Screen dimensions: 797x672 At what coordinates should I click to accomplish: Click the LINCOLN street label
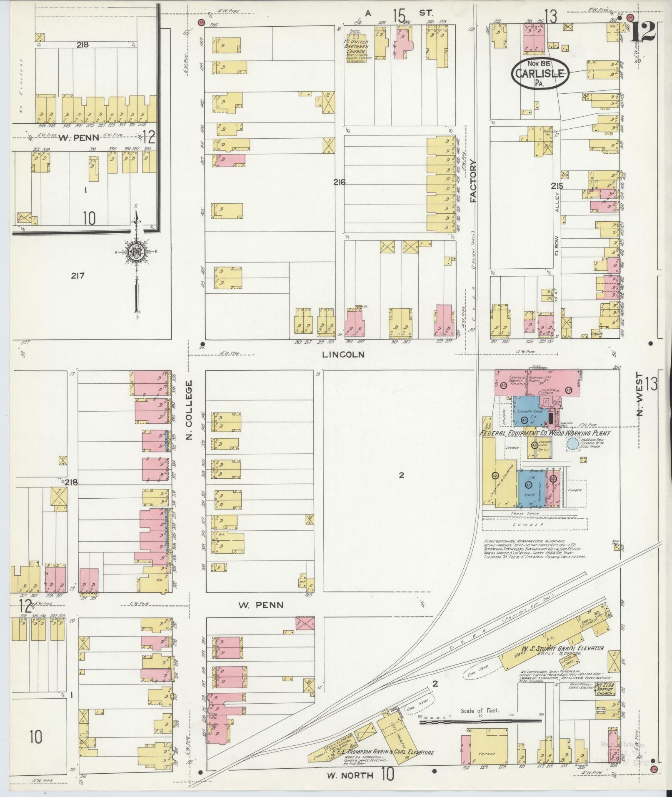pos(344,355)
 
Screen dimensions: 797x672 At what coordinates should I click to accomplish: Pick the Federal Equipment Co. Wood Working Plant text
pos(545,433)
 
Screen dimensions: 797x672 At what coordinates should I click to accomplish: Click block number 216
pos(339,182)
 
